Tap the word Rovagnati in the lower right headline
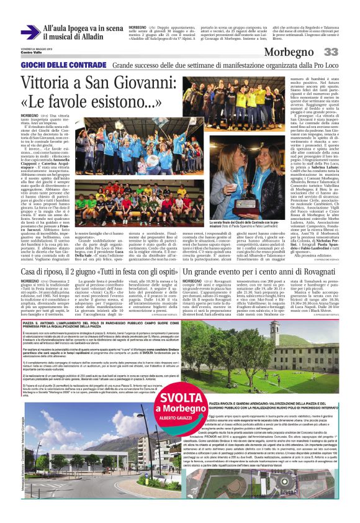click(x=314, y=253)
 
